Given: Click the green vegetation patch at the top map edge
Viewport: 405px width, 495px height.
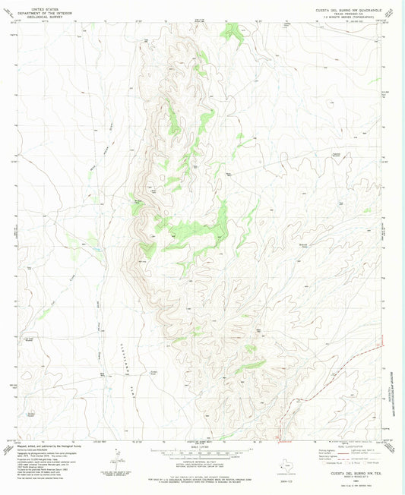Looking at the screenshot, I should coord(233,30).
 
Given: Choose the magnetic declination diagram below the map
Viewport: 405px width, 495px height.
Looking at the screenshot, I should coord(118,458).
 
